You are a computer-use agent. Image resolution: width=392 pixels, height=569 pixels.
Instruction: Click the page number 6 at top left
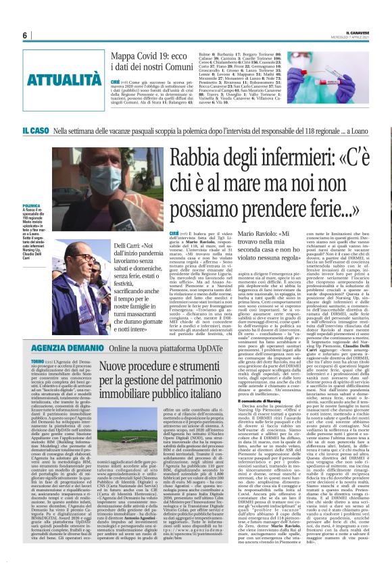[x=25, y=36]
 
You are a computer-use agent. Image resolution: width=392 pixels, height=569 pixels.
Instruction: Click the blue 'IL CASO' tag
[x=53, y=130]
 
